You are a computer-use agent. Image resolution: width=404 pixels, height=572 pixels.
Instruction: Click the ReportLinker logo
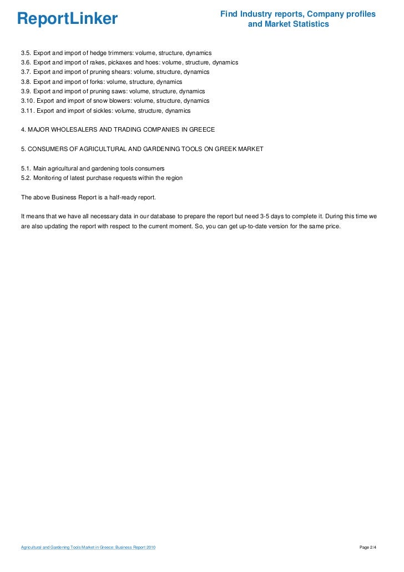click(67, 19)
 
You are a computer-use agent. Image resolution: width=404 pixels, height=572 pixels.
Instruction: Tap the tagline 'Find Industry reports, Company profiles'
click(297, 14)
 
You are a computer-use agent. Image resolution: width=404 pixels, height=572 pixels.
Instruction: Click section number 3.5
click(26, 53)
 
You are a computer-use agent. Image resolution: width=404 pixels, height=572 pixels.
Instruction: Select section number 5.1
click(26, 168)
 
